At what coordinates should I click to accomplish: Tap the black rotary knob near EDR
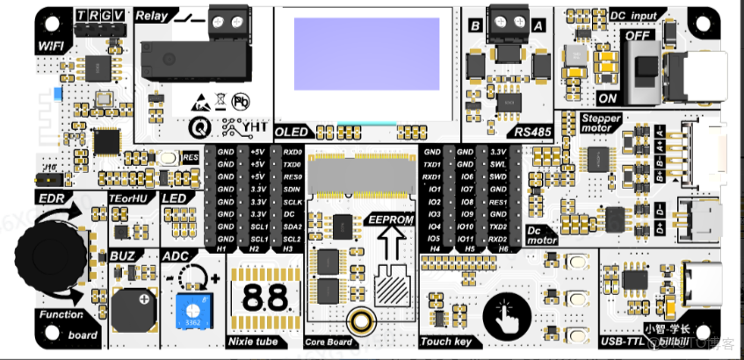[x=52, y=257]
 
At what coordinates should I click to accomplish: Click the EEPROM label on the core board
[x=391, y=219]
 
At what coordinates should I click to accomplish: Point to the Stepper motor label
[x=602, y=123]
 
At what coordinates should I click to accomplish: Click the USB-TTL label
[x=621, y=341]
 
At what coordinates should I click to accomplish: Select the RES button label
[x=191, y=158]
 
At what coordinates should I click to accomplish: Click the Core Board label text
[x=328, y=342]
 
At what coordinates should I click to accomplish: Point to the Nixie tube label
[x=255, y=341]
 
